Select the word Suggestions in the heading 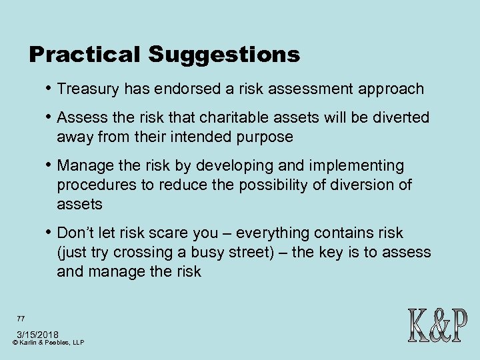(x=224, y=55)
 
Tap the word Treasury (x=85, y=89)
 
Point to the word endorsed (x=181, y=89)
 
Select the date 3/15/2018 (x=37, y=334)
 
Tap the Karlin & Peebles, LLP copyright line (x=48, y=343)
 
